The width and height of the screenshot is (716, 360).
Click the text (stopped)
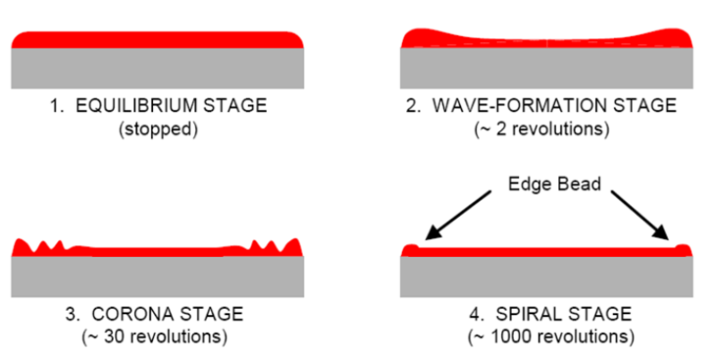coord(158,129)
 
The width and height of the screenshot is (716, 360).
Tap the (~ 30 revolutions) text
coord(158,337)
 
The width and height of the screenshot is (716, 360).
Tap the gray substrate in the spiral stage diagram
coord(545,275)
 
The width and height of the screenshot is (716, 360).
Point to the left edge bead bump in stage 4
coord(411,250)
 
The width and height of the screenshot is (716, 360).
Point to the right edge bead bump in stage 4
coord(683,250)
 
